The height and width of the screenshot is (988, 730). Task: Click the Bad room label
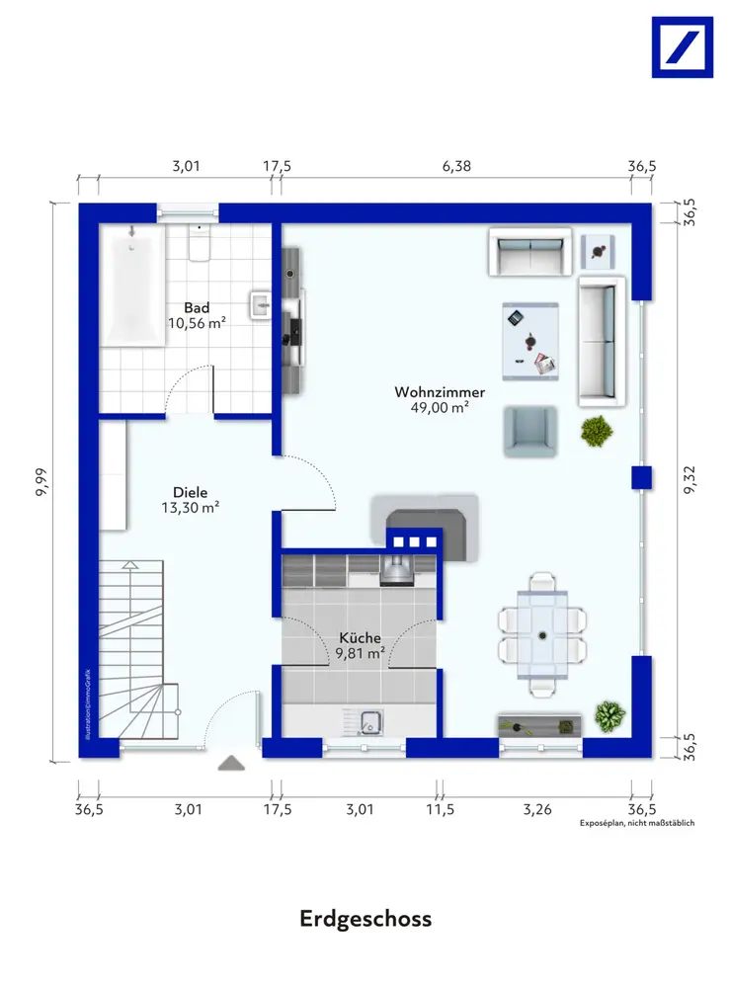(x=197, y=308)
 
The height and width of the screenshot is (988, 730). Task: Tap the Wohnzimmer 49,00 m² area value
(x=440, y=408)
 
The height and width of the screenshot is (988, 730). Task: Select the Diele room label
(x=191, y=492)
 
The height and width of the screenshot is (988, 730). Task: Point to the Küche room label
(x=360, y=637)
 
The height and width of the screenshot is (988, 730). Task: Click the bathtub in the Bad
(x=132, y=285)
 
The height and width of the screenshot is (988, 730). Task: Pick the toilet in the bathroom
(x=200, y=243)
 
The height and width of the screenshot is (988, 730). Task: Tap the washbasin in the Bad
(x=261, y=305)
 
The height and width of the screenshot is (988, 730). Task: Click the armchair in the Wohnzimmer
(x=530, y=431)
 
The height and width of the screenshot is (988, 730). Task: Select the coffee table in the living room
(x=530, y=342)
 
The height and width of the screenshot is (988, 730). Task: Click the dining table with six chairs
(x=542, y=634)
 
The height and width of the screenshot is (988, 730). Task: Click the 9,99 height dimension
(x=41, y=483)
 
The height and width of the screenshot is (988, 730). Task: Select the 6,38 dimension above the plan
(x=456, y=166)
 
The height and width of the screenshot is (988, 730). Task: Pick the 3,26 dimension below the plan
(x=537, y=809)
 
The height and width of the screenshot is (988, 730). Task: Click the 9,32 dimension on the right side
(x=690, y=479)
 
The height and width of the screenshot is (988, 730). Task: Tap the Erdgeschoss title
(x=365, y=919)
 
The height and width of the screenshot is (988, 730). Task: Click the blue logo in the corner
(x=683, y=47)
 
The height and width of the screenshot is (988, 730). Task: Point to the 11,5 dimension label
(x=440, y=809)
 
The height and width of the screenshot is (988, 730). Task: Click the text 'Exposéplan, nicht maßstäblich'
(x=637, y=823)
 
